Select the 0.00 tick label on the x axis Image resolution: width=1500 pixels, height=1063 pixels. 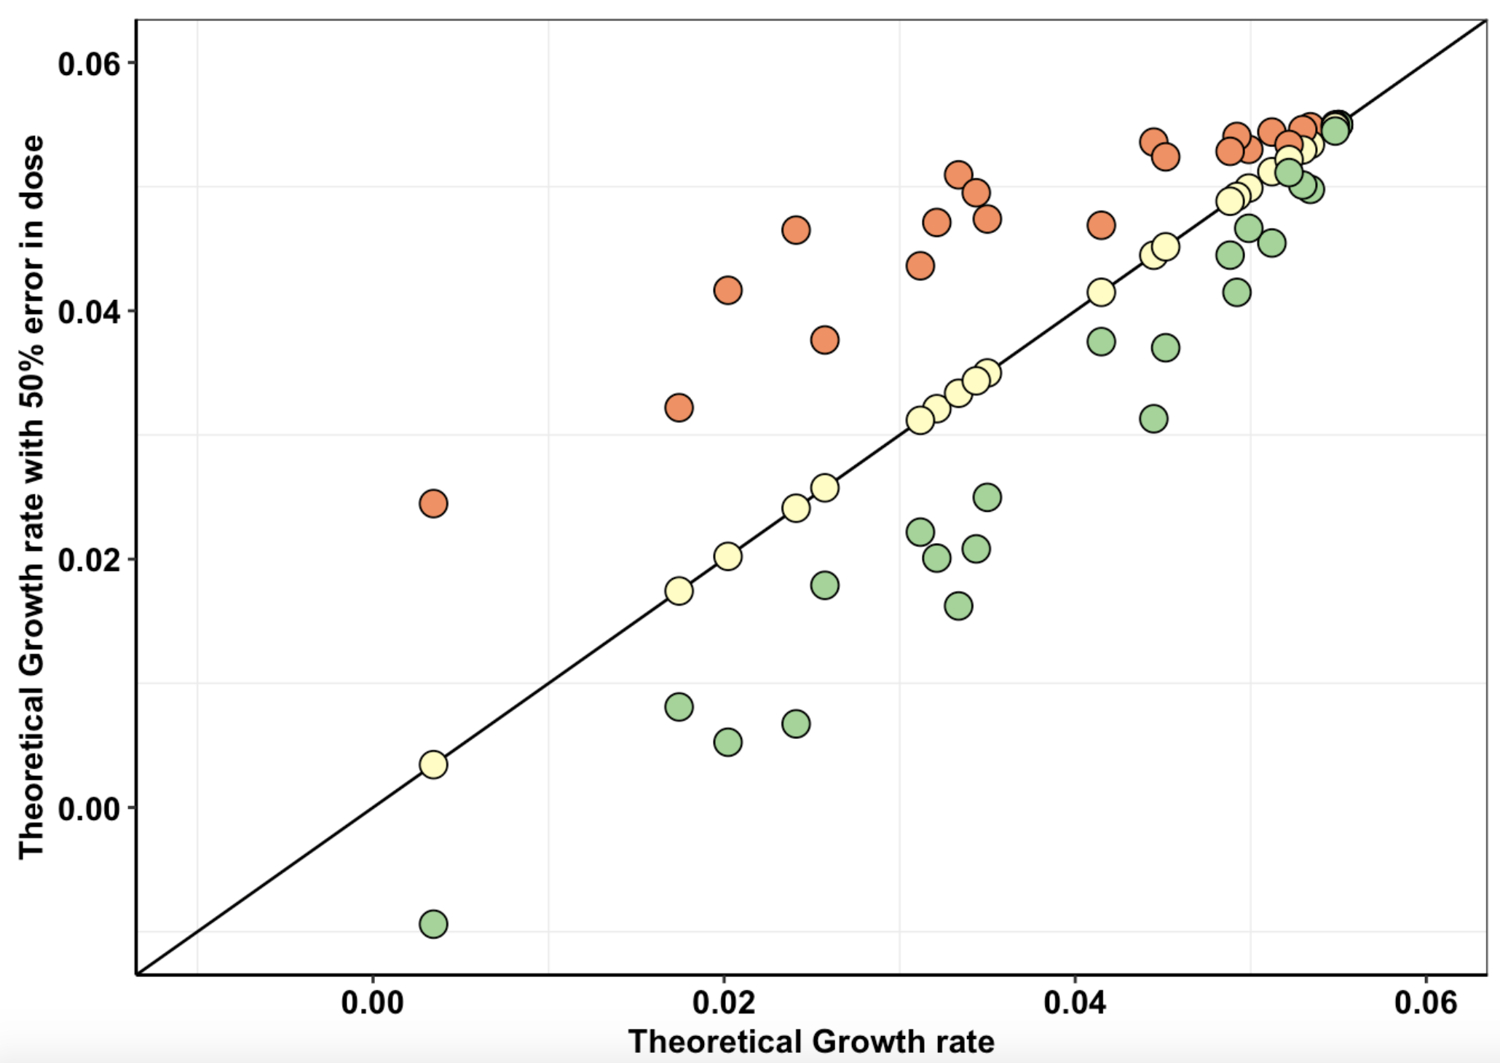click(373, 1003)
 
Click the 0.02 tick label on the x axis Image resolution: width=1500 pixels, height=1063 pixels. click(724, 1003)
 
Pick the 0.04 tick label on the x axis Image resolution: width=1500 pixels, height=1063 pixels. click(1075, 1003)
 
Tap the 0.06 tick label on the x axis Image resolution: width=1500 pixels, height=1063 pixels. click(1426, 1003)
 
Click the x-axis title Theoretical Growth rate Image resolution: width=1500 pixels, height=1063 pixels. click(811, 1041)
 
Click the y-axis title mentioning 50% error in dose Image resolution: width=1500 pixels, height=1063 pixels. click(32, 497)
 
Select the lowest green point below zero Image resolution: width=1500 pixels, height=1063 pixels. click(433, 924)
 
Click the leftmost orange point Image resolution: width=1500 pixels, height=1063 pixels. click(433, 503)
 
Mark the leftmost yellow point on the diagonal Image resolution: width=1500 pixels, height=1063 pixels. click(433, 764)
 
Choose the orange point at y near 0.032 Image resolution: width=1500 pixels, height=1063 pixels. click(679, 407)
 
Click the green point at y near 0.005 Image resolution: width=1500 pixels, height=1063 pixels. click(728, 742)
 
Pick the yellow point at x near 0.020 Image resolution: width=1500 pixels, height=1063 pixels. click(728, 556)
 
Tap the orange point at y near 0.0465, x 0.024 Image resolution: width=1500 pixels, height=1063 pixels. click(796, 230)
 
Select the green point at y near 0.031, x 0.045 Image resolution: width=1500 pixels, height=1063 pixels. click(1154, 419)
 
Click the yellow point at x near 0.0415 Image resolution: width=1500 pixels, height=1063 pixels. click(1101, 292)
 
